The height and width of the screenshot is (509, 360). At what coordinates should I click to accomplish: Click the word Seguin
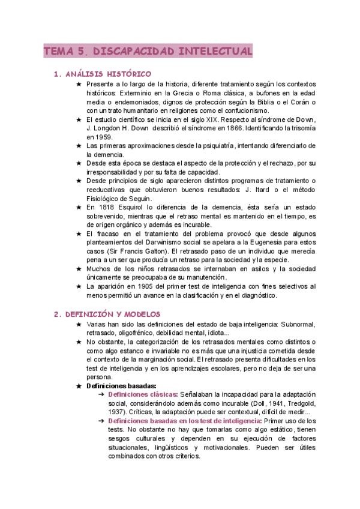139,198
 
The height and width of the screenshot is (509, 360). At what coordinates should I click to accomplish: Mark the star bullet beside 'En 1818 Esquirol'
78,207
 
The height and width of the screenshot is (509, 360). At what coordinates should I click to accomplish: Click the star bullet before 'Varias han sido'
78,324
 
